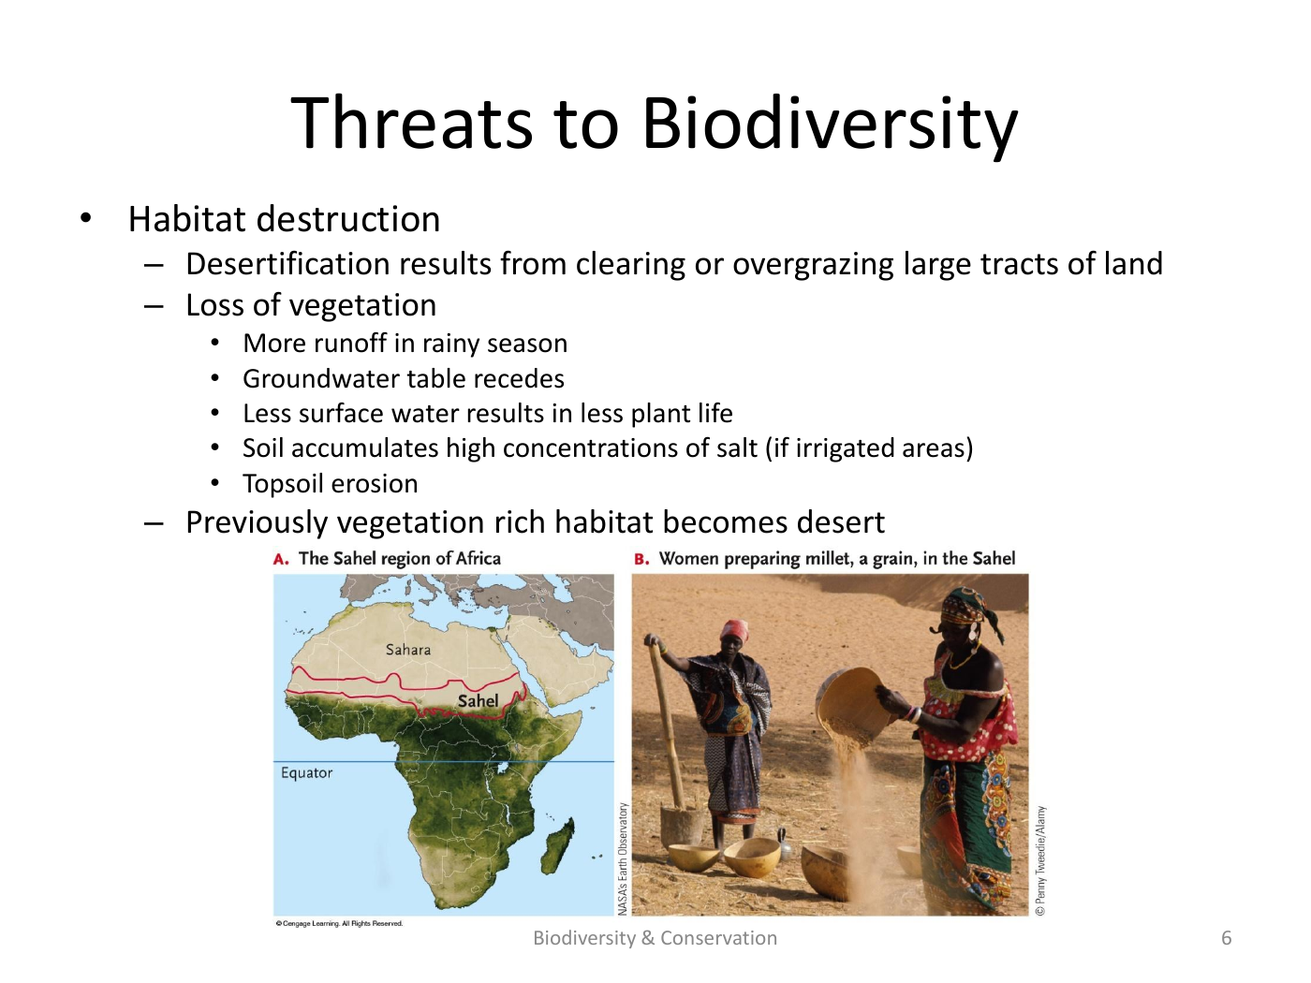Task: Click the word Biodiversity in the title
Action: [830, 124]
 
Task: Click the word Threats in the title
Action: [411, 123]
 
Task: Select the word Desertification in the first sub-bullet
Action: [287, 263]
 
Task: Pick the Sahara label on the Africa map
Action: [408, 650]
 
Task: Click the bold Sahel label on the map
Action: [478, 700]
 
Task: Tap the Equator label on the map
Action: [306, 773]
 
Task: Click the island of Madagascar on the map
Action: [558, 844]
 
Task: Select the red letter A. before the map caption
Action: [281, 559]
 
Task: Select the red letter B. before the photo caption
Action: [641, 559]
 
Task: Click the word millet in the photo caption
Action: [829, 559]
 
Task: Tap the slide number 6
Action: [1226, 938]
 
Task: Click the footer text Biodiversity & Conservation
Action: [655, 938]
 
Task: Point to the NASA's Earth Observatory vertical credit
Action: [623, 858]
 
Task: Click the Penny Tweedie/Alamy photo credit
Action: [1040, 860]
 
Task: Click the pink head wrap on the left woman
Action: [735, 628]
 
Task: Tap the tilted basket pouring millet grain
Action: [853, 704]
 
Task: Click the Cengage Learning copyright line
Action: [339, 923]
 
